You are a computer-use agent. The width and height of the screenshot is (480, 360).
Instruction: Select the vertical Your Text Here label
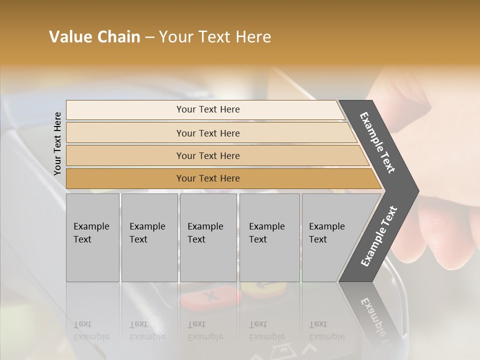pos(57,143)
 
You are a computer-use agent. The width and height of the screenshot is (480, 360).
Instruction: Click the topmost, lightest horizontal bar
pos(207,109)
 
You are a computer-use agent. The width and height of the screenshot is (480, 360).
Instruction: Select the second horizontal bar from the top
pos(207,133)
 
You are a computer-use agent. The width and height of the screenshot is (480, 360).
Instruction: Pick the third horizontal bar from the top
pos(207,155)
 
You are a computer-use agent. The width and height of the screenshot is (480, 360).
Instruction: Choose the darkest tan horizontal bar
pos(207,178)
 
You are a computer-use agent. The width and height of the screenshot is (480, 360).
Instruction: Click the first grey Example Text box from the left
pos(92,237)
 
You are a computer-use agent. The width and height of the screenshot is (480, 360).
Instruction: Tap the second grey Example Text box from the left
pos(149,237)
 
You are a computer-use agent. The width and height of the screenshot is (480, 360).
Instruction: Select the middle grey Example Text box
pos(208,237)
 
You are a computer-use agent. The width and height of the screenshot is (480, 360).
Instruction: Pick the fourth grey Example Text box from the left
pos(269,237)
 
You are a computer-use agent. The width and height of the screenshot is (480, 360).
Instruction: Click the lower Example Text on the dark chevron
pos(378,236)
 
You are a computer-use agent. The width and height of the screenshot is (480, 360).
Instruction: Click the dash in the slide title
pos(149,37)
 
